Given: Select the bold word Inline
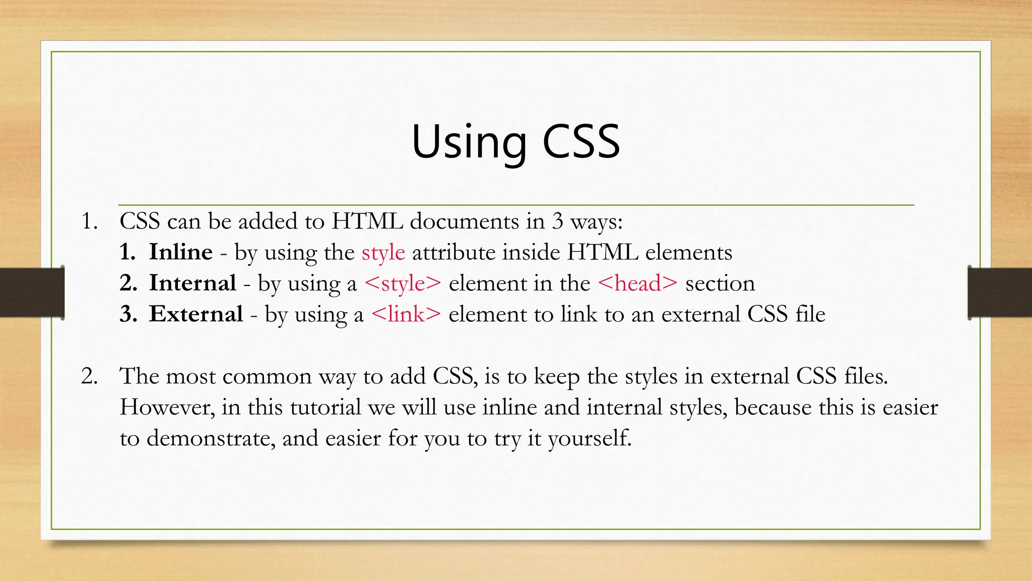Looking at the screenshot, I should [181, 252].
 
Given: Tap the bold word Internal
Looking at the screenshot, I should [192, 283].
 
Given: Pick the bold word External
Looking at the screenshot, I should [196, 314].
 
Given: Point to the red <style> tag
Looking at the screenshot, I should [403, 283].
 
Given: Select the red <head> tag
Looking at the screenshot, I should [637, 283].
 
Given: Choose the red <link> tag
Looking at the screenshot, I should [406, 314].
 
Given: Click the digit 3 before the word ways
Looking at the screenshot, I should [557, 221].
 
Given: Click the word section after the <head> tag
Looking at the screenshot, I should [720, 283].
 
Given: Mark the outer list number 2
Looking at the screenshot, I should [89, 376].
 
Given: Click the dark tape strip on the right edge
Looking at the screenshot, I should [1000, 293].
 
